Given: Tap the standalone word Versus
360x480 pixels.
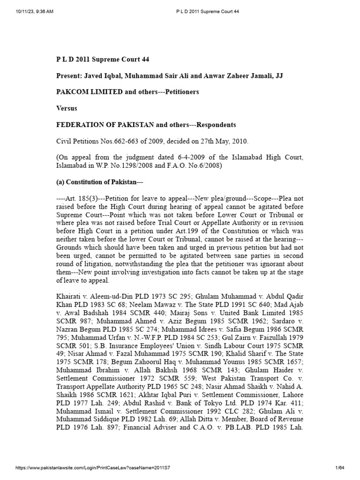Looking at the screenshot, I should pos(67,108).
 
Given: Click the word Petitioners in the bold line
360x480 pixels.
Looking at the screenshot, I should pos(180,92).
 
